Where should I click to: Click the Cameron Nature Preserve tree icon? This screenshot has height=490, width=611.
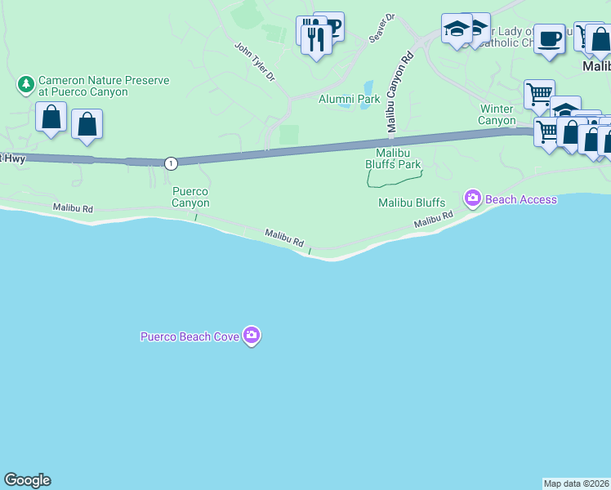click(x=26, y=83)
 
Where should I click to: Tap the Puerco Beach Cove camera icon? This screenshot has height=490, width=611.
click(x=252, y=336)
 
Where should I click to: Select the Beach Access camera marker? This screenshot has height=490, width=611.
click(x=472, y=198)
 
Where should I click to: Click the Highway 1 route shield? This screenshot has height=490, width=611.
click(x=170, y=163)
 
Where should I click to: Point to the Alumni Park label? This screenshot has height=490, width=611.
click(x=349, y=99)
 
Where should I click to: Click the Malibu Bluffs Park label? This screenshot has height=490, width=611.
click(x=392, y=158)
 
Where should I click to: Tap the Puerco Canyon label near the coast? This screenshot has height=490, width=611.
click(x=190, y=197)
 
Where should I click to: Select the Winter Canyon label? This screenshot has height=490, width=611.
click(x=497, y=114)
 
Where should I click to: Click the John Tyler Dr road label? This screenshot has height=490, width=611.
click(x=255, y=62)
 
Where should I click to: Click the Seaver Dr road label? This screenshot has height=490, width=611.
click(x=381, y=28)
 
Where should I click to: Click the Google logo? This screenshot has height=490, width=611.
click(x=27, y=480)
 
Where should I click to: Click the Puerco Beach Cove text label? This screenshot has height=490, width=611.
click(x=190, y=336)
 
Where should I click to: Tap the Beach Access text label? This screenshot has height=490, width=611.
click(x=521, y=199)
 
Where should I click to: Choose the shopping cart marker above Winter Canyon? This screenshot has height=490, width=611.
click(x=539, y=95)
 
